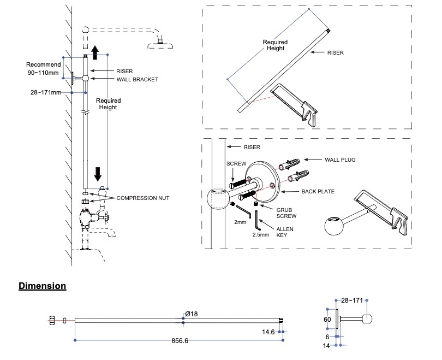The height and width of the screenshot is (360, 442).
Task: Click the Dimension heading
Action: click(x=43, y=286)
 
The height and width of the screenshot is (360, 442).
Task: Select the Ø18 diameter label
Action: click(x=191, y=314)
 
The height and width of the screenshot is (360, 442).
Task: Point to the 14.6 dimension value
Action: click(x=268, y=332)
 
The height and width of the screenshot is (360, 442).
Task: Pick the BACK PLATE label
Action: click(x=318, y=192)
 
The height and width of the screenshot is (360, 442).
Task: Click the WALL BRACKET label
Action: click(x=137, y=80)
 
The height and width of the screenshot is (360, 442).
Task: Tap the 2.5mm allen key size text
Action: click(x=261, y=235)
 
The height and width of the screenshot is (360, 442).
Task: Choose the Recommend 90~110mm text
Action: click(x=44, y=68)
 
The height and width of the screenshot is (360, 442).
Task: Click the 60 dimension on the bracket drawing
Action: click(x=327, y=318)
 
